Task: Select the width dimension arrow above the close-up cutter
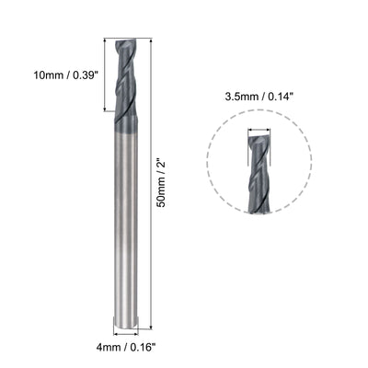(259, 131)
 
